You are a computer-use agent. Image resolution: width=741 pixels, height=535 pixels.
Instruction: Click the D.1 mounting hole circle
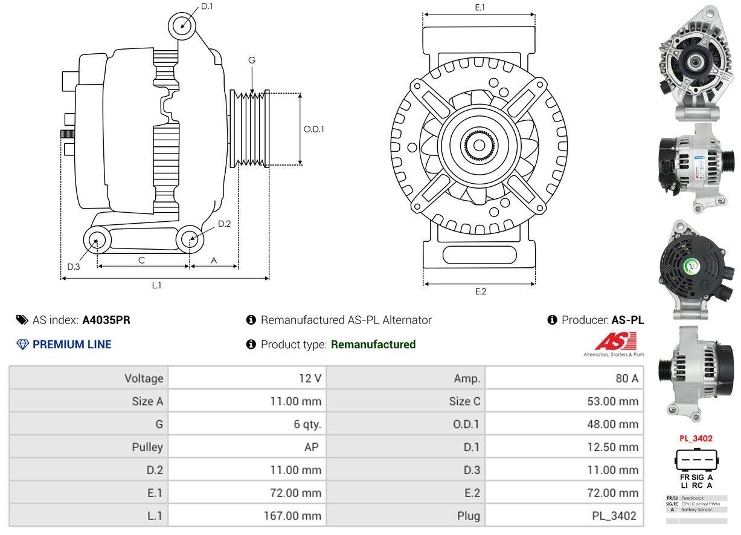(182, 26)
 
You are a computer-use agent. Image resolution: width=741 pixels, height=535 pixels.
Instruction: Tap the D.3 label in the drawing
(74, 267)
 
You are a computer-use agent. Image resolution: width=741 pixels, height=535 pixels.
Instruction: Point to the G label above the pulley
(252, 60)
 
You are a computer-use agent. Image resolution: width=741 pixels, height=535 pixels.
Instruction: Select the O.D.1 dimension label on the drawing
(313, 129)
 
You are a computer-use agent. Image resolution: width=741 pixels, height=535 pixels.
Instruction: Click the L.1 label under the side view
(156, 285)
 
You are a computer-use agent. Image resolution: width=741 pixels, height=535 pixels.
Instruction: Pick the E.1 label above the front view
(480, 7)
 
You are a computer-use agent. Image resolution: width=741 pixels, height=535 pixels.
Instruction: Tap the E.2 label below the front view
(480, 291)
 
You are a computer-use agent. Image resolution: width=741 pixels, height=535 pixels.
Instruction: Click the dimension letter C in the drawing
(141, 260)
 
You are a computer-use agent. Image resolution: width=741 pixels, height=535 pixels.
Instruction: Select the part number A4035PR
(106, 320)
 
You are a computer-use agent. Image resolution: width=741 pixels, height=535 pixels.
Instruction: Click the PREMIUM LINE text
(72, 345)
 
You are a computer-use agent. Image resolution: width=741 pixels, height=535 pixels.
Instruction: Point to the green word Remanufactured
(373, 345)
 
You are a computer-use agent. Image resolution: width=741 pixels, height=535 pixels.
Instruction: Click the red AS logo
(615, 342)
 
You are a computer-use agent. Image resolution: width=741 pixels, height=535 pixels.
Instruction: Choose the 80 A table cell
(626, 378)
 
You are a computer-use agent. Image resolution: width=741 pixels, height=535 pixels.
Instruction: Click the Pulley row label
(147, 447)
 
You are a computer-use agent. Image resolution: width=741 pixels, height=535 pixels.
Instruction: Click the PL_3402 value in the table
(615, 516)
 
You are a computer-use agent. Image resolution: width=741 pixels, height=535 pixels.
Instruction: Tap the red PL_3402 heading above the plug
(696, 438)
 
